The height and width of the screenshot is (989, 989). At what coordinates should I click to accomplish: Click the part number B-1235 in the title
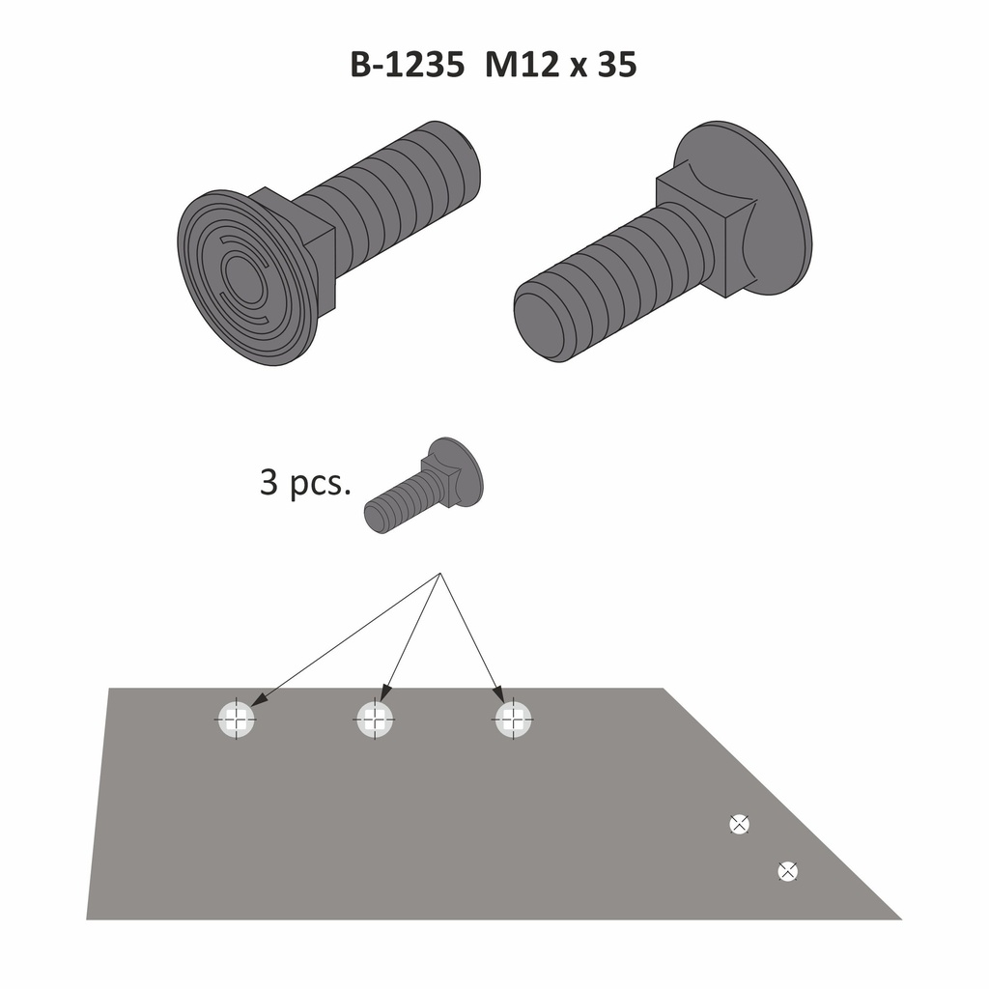point(408,65)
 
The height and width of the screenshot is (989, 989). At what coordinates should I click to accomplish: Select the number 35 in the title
point(617,65)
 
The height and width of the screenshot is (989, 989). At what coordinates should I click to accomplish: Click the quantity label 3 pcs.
point(305,483)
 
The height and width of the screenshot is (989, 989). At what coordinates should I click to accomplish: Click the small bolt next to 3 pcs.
point(424,485)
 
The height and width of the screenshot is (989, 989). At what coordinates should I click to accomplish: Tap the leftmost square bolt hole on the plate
point(236,719)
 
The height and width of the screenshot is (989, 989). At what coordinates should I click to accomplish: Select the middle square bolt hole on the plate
point(375,719)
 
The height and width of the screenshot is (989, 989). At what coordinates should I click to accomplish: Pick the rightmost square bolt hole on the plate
point(514,719)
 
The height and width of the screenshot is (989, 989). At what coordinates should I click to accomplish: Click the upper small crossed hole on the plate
point(739,824)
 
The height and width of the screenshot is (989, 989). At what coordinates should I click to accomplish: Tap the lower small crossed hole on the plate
point(788,872)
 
